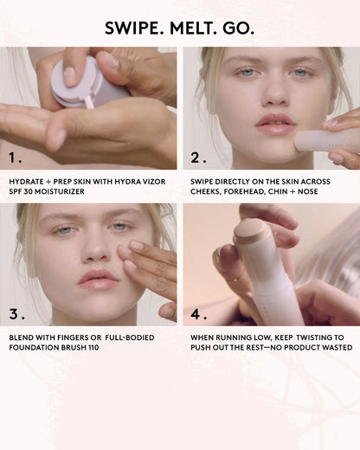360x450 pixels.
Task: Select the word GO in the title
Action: pos(240,28)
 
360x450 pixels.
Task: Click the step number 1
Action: pos(16,158)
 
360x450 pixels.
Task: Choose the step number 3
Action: pos(16,312)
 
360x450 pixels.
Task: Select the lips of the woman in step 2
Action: pos(276,123)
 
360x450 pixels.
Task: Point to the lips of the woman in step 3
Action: pos(98,279)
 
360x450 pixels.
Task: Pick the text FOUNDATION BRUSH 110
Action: pos(53,349)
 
